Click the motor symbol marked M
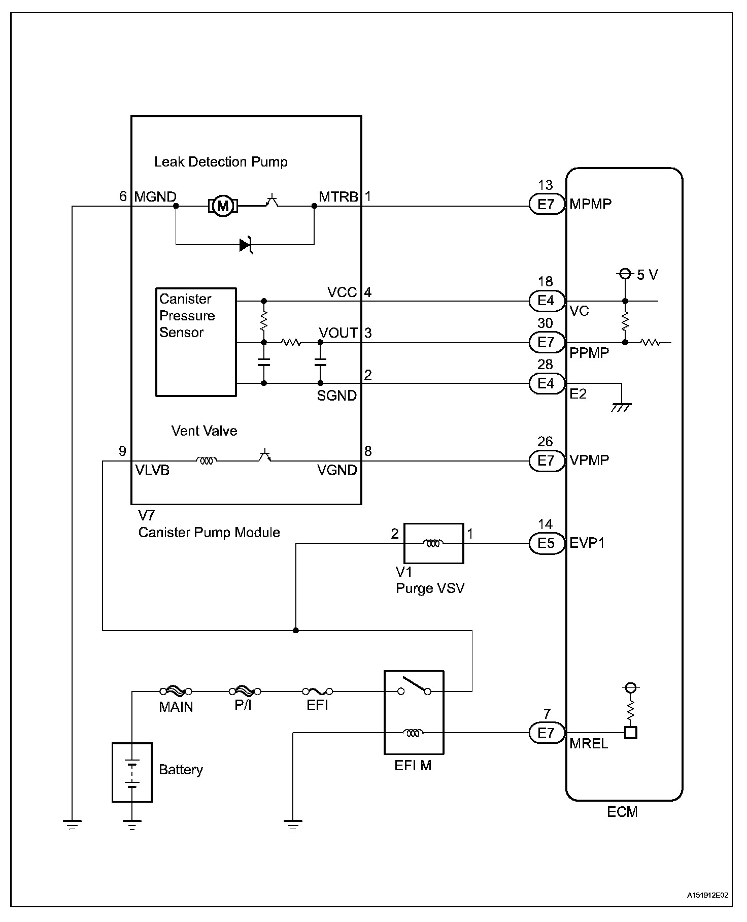pyautogui.click(x=222, y=206)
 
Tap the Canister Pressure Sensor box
pyautogui.click(x=195, y=342)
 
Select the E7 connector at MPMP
pyautogui.click(x=546, y=205)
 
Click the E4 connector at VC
pyautogui.click(x=546, y=301)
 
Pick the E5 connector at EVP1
pyautogui.click(x=546, y=543)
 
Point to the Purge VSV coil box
pyautogui.click(x=433, y=543)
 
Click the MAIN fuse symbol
pyautogui.click(x=176, y=691)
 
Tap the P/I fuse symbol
pyautogui.click(x=245, y=691)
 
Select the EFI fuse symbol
pyautogui.click(x=318, y=691)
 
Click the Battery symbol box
pyautogui.click(x=132, y=772)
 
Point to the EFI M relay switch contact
pyautogui.click(x=415, y=686)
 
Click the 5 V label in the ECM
pyautogui.click(x=647, y=275)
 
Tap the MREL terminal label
pyautogui.click(x=589, y=744)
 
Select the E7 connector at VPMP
pyautogui.click(x=546, y=460)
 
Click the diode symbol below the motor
pyautogui.click(x=247, y=245)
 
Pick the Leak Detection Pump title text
pyautogui.click(x=221, y=162)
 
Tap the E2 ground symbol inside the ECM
pyautogui.click(x=621, y=407)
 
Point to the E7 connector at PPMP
pyautogui.click(x=546, y=342)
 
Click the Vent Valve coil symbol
pyautogui.click(x=206, y=461)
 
